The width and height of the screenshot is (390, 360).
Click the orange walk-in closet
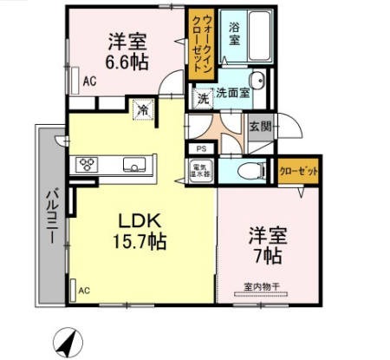[x=200, y=45]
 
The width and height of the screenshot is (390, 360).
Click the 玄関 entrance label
[x=261, y=127]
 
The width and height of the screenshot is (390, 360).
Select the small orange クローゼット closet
[x=297, y=171]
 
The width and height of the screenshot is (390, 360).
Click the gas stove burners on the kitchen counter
[x=88, y=165]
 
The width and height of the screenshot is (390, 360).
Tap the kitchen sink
[x=134, y=165]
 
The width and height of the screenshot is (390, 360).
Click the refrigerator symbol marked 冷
[x=140, y=110]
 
